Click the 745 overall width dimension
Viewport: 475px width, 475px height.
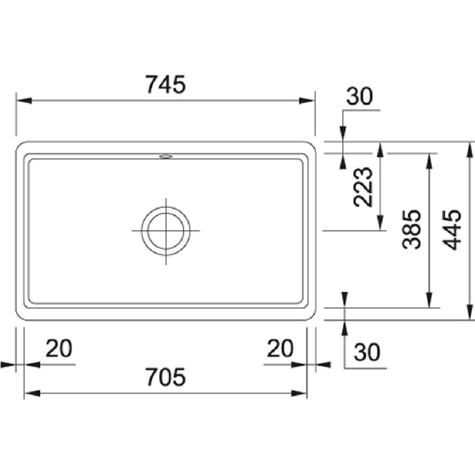[x=166, y=84]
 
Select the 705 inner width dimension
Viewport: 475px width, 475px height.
[x=166, y=377]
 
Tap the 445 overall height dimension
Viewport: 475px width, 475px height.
[x=452, y=230]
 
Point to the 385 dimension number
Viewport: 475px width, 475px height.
[x=412, y=230]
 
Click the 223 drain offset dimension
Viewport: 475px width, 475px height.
[x=363, y=187]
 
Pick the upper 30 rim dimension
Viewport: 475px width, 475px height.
[x=360, y=96]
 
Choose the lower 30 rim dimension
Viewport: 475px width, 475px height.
[x=366, y=352]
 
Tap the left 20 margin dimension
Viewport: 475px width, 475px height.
[x=59, y=348]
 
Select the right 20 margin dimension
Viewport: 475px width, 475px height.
[x=280, y=348]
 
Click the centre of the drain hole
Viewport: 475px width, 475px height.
[x=166, y=230]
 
